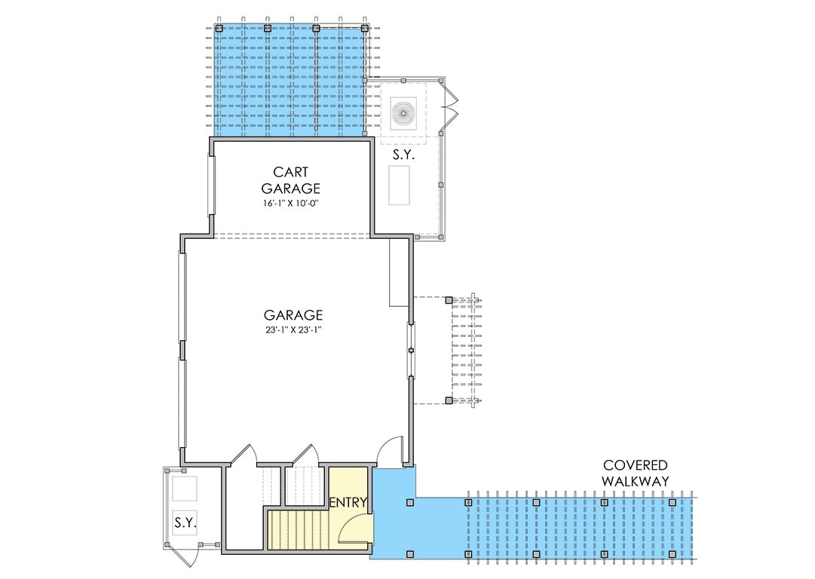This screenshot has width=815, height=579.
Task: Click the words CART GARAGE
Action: point(290,180)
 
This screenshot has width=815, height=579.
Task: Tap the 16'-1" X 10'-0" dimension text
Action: point(291,203)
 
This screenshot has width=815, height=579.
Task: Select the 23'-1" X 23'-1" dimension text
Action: point(293,329)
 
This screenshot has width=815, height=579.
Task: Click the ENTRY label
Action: point(348,502)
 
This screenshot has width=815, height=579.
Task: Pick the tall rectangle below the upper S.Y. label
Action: point(399,185)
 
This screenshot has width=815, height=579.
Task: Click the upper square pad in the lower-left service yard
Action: point(185,489)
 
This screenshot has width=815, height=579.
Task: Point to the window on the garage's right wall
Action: point(411,349)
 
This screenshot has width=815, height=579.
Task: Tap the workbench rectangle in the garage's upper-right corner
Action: point(398,273)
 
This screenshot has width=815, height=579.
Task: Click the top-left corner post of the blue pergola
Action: point(219,28)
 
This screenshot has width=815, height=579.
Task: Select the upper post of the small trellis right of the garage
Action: point(450,300)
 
